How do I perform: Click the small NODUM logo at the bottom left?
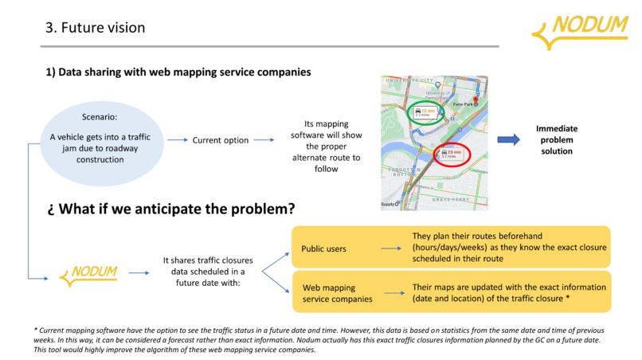point(89,274)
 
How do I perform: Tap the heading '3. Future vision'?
point(94,28)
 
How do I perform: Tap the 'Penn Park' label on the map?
point(464,104)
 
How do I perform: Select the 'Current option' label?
point(221,140)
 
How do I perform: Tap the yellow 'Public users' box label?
point(324,248)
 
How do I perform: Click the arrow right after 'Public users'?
point(390,248)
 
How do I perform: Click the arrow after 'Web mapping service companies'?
point(390,292)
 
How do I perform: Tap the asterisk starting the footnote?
point(37,330)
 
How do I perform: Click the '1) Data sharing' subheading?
point(178,72)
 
